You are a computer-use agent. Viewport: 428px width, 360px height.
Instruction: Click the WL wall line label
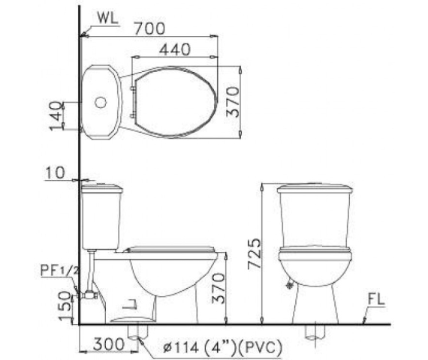[108, 18]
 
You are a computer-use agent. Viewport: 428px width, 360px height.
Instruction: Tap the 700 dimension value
[150, 28]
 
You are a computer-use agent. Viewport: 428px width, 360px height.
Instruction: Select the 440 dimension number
[175, 49]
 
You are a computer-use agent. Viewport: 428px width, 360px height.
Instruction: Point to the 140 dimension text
[56, 115]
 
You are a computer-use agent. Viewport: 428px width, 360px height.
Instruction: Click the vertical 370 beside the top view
[233, 102]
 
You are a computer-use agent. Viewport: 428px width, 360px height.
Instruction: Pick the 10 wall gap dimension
[55, 172]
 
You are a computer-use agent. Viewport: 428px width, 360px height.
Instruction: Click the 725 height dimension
[255, 254]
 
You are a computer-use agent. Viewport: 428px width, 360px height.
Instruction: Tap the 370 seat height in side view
[219, 288]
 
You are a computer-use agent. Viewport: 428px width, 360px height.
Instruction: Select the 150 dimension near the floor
[65, 307]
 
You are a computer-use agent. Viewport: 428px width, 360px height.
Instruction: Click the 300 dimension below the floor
[109, 344]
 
